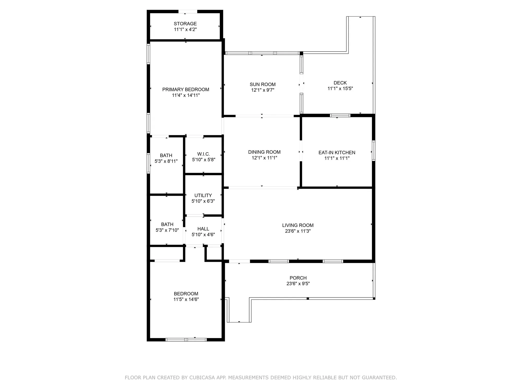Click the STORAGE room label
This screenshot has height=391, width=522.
click(x=185, y=24)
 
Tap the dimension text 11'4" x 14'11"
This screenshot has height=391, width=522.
click(x=186, y=95)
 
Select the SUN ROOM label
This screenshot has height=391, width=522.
click(x=263, y=84)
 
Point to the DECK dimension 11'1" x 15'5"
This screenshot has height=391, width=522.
click(x=340, y=89)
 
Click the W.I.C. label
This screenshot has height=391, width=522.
click(x=204, y=154)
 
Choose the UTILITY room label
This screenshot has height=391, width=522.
click(x=203, y=195)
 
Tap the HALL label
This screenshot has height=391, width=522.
click(x=203, y=229)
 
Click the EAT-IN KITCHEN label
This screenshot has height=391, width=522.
click(x=337, y=152)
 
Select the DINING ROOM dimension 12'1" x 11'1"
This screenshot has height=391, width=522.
click(x=264, y=158)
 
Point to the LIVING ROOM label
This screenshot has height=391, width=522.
click(x=298, y=225)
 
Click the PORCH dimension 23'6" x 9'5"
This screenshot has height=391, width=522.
click(x=298, y=284)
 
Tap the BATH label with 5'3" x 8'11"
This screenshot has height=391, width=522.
click(x=166, y=156)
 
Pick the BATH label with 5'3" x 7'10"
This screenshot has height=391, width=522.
click(x=167, y=224)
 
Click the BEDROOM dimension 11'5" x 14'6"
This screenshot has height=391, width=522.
click(x=186, y=300)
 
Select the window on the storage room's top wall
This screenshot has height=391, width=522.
click(x=188, y=11)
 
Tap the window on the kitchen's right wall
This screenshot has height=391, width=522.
click(x=373, y=151)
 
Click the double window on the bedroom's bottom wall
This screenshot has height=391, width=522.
click(x=186, y=340)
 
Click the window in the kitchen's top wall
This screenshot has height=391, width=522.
click(x=340, y=115)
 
